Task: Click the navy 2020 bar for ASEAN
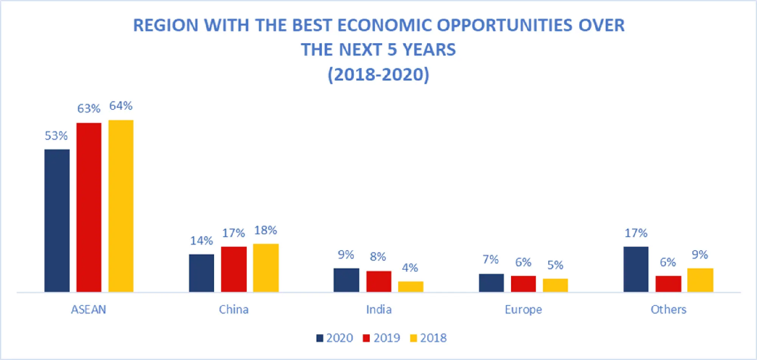point(57,220)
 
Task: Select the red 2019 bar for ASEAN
point(89,207)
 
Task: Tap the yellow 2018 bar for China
point(266,268)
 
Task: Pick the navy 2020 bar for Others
point(636,269)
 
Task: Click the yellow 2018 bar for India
point(411,287)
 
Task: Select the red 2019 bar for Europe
point(523,284)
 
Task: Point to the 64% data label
point(121,106)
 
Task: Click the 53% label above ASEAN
point(56,136)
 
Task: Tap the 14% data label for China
point(201,241)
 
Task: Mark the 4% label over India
point(410,268)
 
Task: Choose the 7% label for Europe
point(490,259)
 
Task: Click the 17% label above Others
point(636,233)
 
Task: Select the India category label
point(378,310)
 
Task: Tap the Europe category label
point(523,310)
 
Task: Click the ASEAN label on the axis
point(89,310)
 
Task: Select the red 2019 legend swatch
point(366,338)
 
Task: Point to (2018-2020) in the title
point(378,74)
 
